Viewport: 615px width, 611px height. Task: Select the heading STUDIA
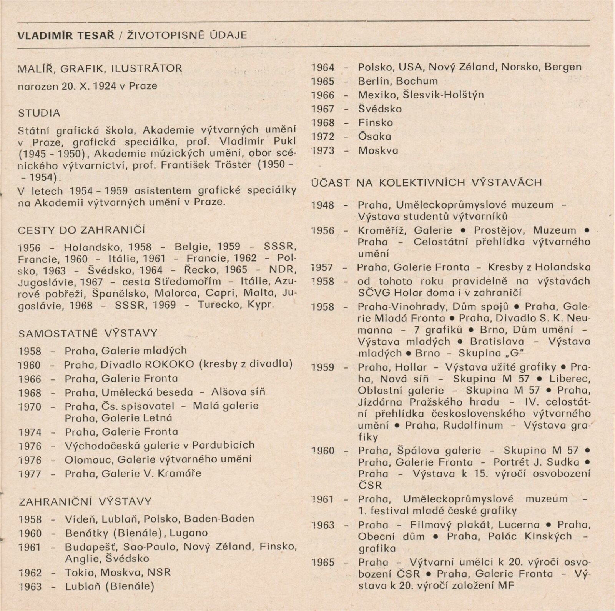[x=39, y=113]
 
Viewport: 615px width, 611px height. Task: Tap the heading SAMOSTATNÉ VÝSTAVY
[x=88, y=333]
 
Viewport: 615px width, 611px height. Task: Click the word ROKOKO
[x=173, y=364]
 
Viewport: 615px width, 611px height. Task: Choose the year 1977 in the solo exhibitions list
[x=30, y=473]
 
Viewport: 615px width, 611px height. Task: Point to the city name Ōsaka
[x=374, y=137]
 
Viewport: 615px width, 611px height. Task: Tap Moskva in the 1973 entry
[x=378, y=150]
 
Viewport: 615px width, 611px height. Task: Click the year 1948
[x=323, y=205]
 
